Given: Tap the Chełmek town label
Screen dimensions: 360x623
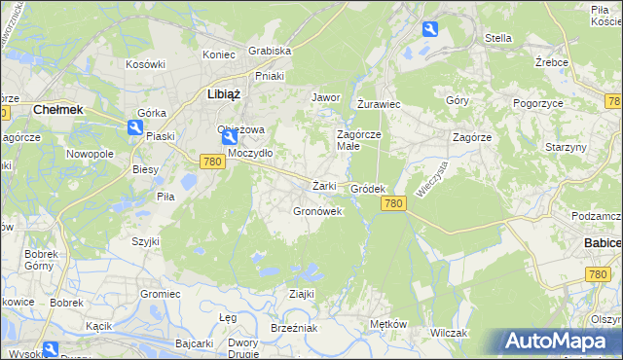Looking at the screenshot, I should click(x=57, y=110).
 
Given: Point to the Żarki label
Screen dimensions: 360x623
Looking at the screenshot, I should click(x=324, y=186).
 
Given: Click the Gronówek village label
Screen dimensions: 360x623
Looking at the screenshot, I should click(x=317, y=211).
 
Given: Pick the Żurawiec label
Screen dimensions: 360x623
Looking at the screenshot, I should click(x=379, y=102).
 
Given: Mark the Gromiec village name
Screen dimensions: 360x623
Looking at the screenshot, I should click(x=161, y=293).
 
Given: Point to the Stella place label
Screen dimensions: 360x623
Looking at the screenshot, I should click(x=497, y=38).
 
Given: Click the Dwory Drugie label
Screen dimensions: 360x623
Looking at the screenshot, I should click(x=242, y=348).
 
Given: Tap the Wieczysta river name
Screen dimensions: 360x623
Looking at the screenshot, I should click(x=429, y=179).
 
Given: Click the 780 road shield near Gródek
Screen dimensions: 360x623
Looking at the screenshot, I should click(x=393, y=202).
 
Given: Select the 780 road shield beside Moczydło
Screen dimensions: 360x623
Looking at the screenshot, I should click(x=214, y=162).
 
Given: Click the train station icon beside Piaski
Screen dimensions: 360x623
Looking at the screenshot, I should click(x=135, y=126).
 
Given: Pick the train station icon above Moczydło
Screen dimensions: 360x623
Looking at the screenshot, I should click(x=227, y=139).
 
